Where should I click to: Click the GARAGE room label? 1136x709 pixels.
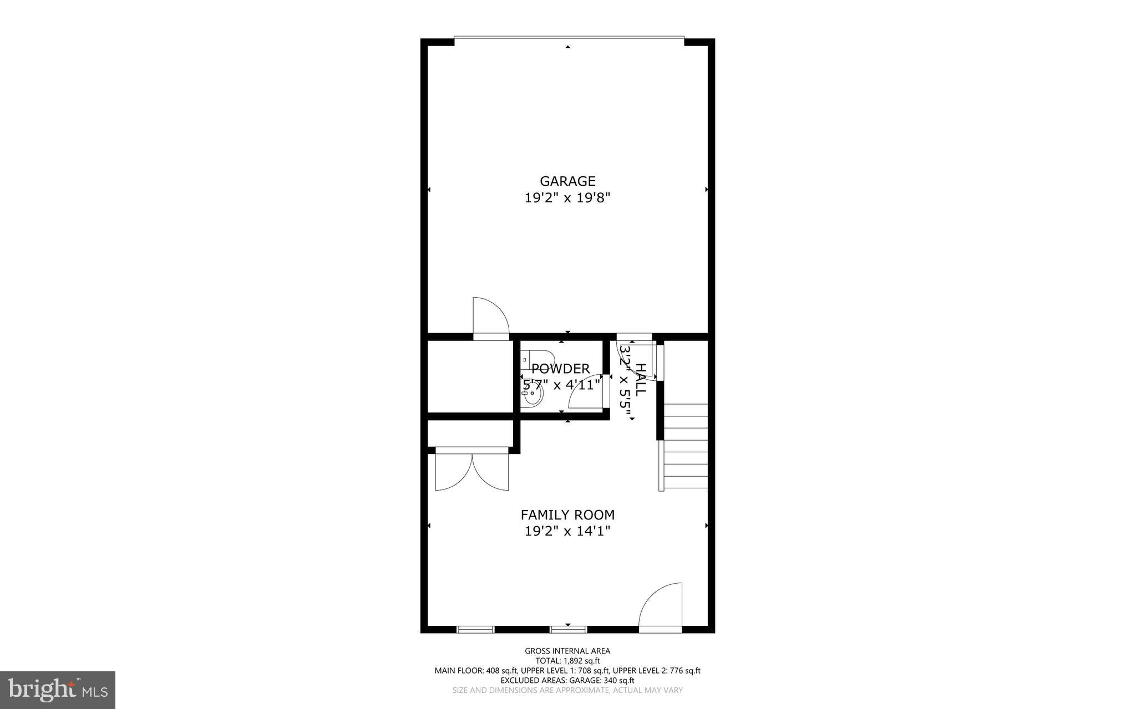point(567,181)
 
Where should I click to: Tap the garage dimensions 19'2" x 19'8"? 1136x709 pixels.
point(567,198)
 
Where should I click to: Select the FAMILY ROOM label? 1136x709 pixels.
point(567,515)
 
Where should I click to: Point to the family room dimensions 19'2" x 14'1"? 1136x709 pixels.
point(567,531)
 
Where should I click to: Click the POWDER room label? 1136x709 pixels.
point(560,369)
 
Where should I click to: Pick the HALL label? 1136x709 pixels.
point(640,380)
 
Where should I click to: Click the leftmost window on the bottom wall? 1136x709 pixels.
point(475,629)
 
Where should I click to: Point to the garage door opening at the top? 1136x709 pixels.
point(569,38)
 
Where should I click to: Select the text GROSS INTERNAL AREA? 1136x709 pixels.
point(567,651)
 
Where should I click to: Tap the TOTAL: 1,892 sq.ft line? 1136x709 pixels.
point(567,661)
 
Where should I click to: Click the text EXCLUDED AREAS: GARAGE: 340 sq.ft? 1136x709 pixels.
point(567,680)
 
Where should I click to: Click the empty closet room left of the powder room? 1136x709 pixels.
point(470,376)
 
